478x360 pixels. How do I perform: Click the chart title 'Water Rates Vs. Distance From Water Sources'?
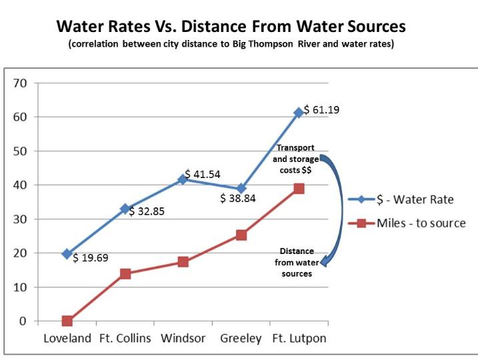[231, 27]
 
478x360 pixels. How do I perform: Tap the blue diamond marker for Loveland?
[67, 254]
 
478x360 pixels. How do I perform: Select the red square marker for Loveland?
[67, 321]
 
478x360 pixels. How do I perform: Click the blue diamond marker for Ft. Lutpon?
[299, 113]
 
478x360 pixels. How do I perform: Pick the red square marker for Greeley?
[241, 235]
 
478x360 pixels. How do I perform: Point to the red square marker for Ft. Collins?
[125, 273]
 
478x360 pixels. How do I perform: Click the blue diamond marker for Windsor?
[183, 179]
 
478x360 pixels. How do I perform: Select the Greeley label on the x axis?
[241, 338]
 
